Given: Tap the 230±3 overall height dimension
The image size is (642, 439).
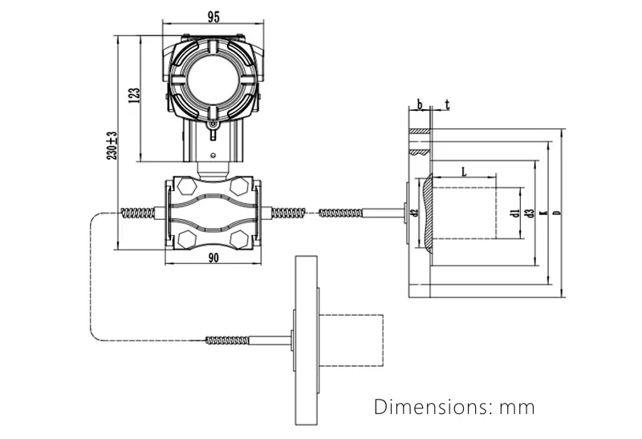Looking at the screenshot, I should tap(112, 144).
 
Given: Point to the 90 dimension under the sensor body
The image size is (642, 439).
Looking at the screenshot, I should tap(213, 258).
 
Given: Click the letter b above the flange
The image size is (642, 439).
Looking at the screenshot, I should tap(418, 104).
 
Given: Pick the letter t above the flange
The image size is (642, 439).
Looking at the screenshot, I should tap(447, 104).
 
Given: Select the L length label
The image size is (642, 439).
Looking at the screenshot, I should tap(465, 172).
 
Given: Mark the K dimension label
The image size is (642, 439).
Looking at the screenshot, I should tap(543, 213).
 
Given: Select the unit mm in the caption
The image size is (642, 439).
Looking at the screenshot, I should tap(517, 408).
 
